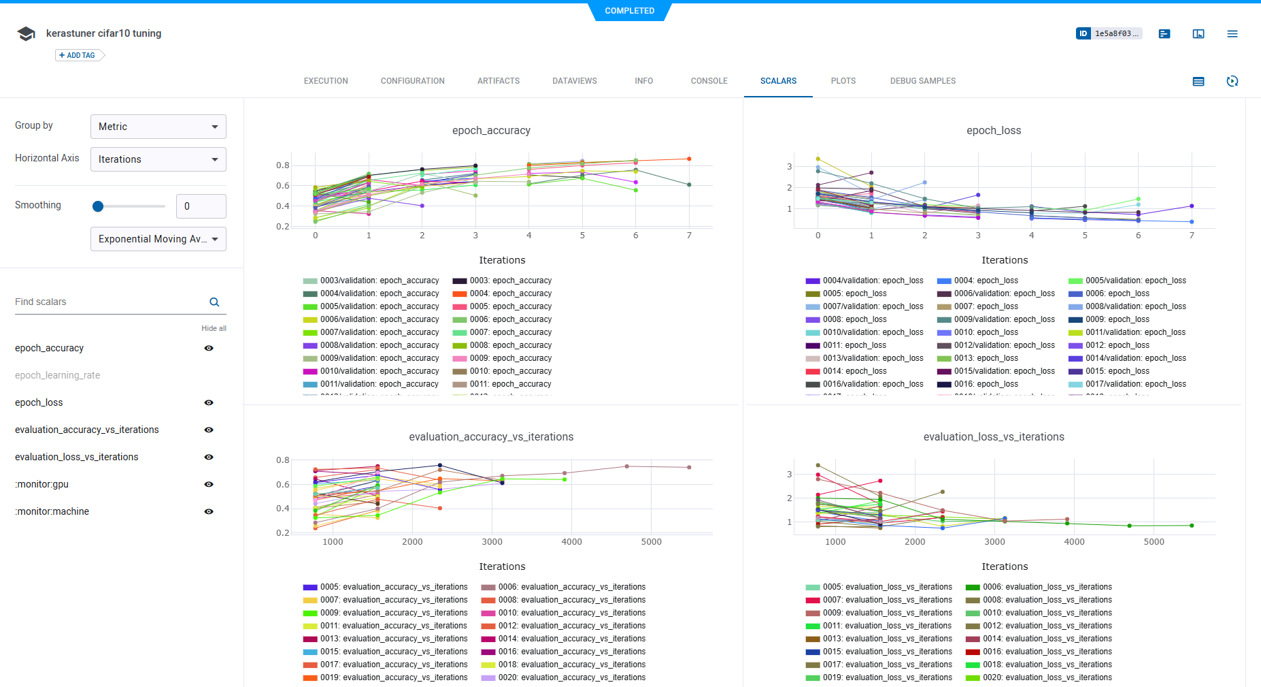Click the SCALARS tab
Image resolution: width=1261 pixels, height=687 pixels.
click(778, 81)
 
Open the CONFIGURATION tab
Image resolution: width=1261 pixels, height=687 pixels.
click(412, 81)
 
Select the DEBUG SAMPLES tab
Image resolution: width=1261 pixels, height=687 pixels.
click(922, 81)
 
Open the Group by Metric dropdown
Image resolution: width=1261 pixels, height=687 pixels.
click(158, 127)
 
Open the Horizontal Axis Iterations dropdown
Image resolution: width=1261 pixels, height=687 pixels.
click(158, 159)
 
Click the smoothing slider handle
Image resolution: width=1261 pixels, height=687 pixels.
click(98, 206)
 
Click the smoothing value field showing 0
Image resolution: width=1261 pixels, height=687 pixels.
click(201, 206)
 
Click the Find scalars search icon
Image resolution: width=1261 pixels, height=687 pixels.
click(214, 302)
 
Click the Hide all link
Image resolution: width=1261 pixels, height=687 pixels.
click(214, 328)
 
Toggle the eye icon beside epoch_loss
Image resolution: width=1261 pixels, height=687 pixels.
click(209, 402)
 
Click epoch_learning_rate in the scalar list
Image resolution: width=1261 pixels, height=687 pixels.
click(57, 375)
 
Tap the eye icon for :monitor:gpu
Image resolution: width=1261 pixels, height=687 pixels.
click(209, 484)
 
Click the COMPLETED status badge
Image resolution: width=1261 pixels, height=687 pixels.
click(630, 11)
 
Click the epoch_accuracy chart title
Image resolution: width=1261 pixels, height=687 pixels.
click(491, 131)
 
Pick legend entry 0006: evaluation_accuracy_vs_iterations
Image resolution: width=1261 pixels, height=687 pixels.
click(571, 587)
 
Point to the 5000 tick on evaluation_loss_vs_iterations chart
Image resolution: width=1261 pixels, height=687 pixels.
click(1154, 542)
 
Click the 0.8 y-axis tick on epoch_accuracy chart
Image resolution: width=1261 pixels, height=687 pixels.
click(282, 165)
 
